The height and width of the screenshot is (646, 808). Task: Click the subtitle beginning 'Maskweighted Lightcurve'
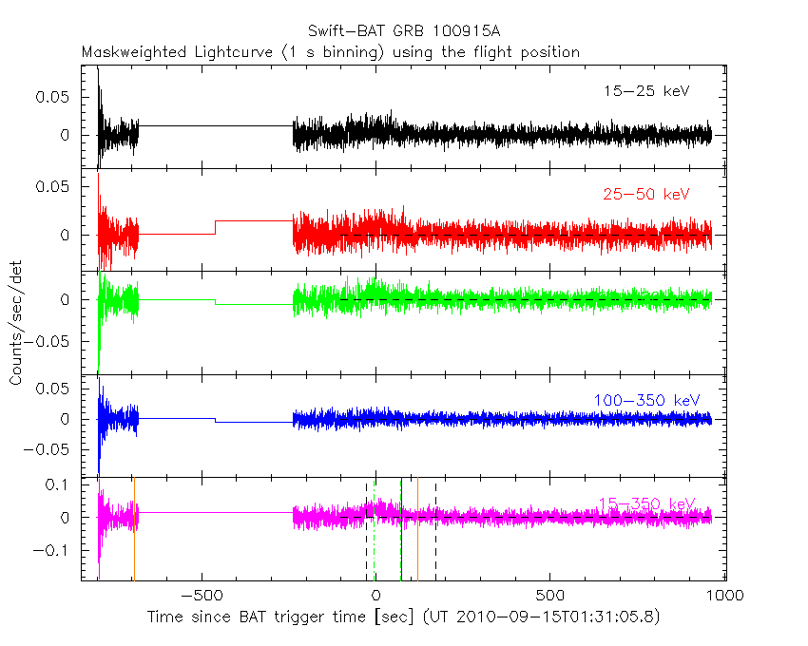(x=330, y=51)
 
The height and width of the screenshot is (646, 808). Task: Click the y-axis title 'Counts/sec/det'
(x=16, y=324)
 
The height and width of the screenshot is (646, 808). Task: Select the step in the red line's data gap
(x=216, y=227)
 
